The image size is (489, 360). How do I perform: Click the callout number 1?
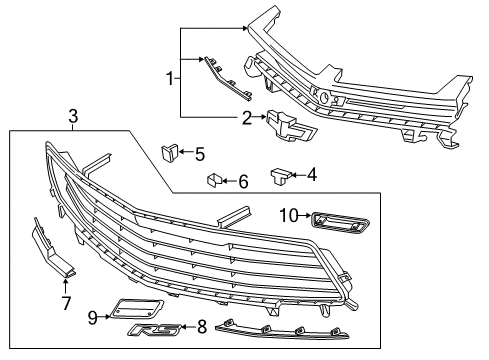pos(171,78)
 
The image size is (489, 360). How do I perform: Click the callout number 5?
pos(200,154)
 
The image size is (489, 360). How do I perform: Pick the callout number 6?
pos(242,181)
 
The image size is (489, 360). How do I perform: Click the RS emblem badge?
pos(156,329)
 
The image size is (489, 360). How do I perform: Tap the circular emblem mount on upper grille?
pos(324,96)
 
